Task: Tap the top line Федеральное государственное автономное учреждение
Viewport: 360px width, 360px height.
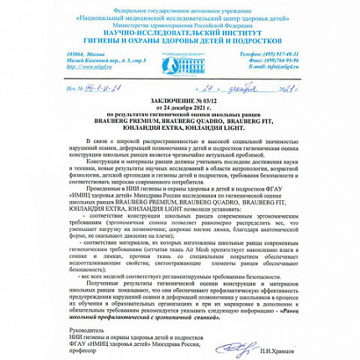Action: (180, 4)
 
